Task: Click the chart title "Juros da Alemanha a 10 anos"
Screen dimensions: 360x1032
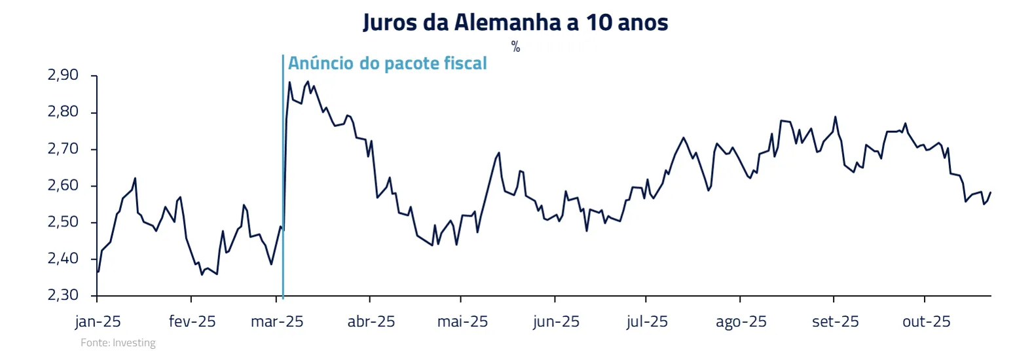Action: (515, 22)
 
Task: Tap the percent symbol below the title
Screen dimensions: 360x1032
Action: (516, 46)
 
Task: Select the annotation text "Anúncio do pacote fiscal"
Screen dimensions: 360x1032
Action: (387, 63)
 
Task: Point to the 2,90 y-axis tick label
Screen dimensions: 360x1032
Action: (63, 75)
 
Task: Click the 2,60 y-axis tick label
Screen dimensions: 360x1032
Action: (63, 185)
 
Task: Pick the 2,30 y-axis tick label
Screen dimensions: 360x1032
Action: (63, 295)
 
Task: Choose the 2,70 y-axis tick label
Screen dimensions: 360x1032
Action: (63, 149)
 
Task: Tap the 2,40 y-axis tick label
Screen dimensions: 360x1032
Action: (63, 259)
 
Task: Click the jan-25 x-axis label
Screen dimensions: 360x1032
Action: (98, 321)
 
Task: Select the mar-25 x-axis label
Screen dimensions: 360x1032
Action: (277, 321)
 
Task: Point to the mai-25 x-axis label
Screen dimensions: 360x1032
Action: (462, 321)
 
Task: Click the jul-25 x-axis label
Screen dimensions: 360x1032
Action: (647, 321)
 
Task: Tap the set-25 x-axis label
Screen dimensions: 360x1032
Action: (835, 321)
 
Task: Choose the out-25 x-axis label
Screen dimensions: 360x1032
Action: (926, 321)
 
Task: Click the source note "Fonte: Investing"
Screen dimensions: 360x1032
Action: (118, 343)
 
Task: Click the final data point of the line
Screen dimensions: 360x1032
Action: (991, 192)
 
